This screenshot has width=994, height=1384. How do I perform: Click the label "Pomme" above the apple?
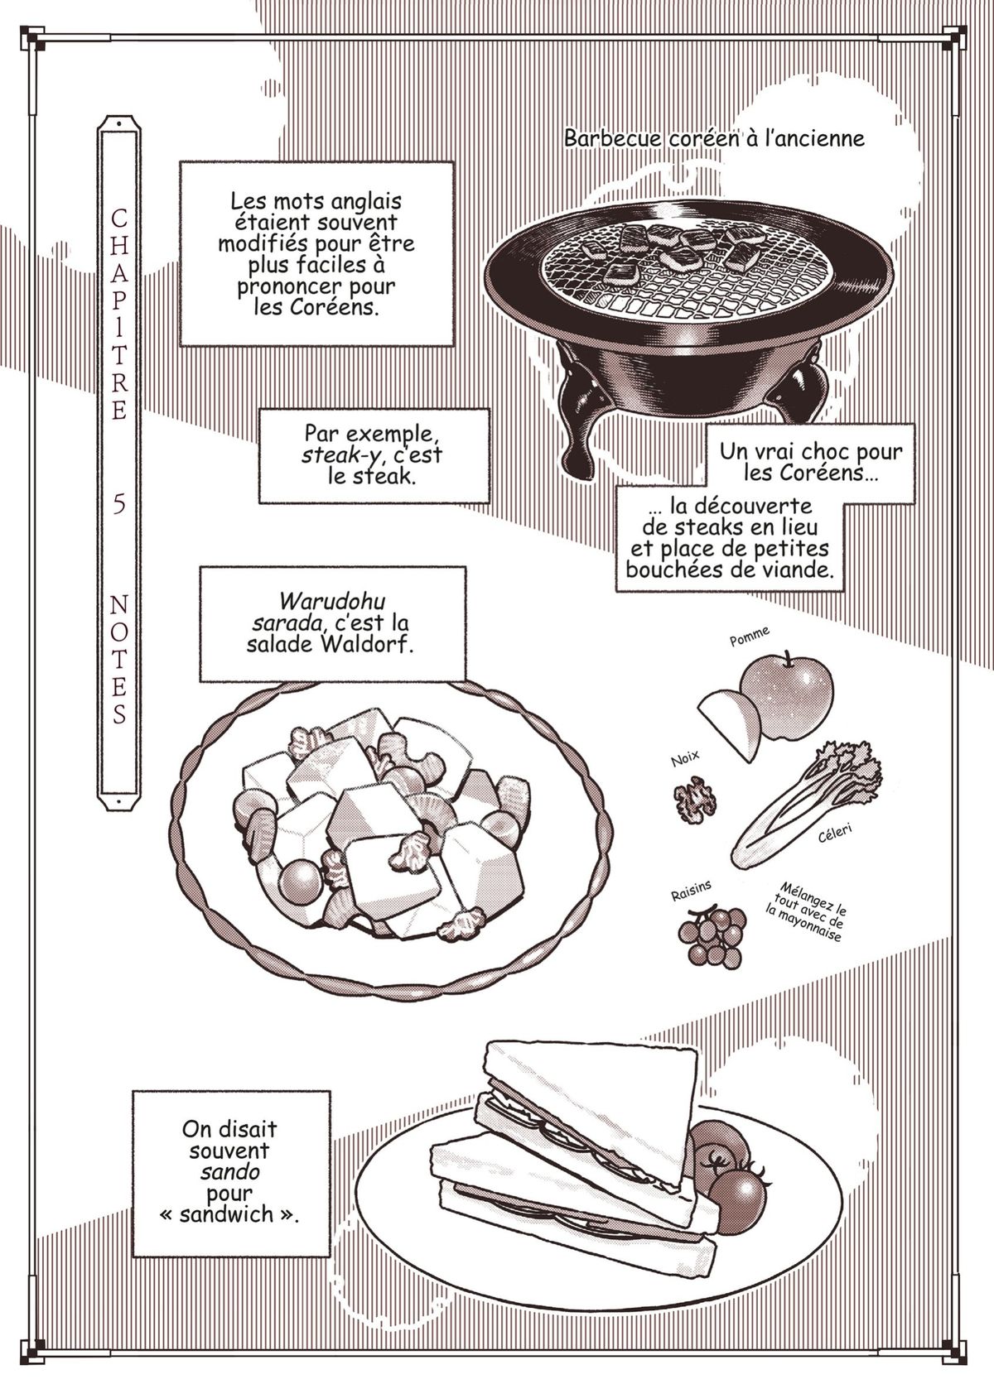pos(749,637)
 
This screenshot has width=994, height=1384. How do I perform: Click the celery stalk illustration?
pos(803,803)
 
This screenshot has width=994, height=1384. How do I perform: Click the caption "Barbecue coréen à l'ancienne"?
pos(714,137)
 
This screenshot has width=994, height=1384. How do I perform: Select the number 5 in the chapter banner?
pos(119,505)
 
